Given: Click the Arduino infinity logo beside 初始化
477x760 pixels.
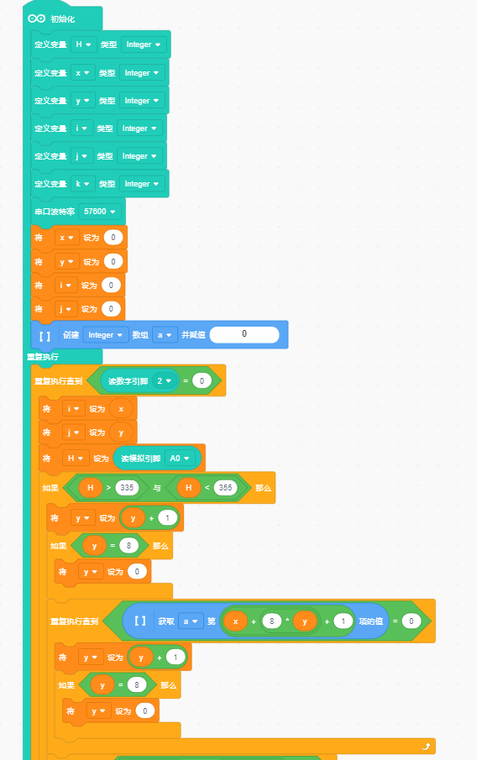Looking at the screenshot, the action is pyautogui.click(x=37, y=18).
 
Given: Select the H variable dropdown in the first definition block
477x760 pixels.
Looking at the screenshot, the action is pyautogui.click(x=83, y=45).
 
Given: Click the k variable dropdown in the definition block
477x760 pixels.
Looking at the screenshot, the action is pyautogui.click(x=83, y=184).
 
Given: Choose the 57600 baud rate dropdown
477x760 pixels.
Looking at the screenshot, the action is pyautogui.click(x=99, y=212).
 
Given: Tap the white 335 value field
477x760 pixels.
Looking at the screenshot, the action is pyautogui.click(x=127, y=488).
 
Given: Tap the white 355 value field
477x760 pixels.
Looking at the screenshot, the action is pyautogui.click(x=225, y=488).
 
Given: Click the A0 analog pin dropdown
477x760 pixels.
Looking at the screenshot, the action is pyautogui.click(x=180, y=458).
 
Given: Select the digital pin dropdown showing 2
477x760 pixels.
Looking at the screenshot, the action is pyautogui.click(x=164, y=381).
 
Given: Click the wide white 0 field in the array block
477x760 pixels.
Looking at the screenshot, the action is pyautogui.click(x=244, y=334).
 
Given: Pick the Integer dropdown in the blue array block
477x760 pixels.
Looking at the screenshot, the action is pyautogui.click(x=105, y=335).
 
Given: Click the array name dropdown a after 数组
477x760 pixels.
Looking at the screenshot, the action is pyautogui.click(x=165, y=335).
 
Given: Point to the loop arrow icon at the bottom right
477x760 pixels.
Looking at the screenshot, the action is pyautogui.click(x=426, y=747).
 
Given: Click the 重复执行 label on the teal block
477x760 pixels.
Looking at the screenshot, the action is pyautogui.click(x=43, y=357).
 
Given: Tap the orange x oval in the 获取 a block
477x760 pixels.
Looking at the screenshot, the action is pyautogui.click(x=236, y=621).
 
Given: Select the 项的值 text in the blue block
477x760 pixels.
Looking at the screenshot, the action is pyautogui.click(x=371, y=621).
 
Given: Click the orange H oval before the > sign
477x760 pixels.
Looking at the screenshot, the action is pyautogui.click(x=90, y=488).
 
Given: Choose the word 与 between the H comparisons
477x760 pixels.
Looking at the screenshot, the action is pyautogui.click(x=156, y=488).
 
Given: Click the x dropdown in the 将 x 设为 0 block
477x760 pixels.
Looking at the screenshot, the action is pyautogui.click(x=66, y=238).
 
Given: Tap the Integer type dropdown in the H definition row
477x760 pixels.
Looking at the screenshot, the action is pyautogui.click(x=144, y=45).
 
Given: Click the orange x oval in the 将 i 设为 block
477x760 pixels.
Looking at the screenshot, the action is pyautogui.click(x=121, y=409).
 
